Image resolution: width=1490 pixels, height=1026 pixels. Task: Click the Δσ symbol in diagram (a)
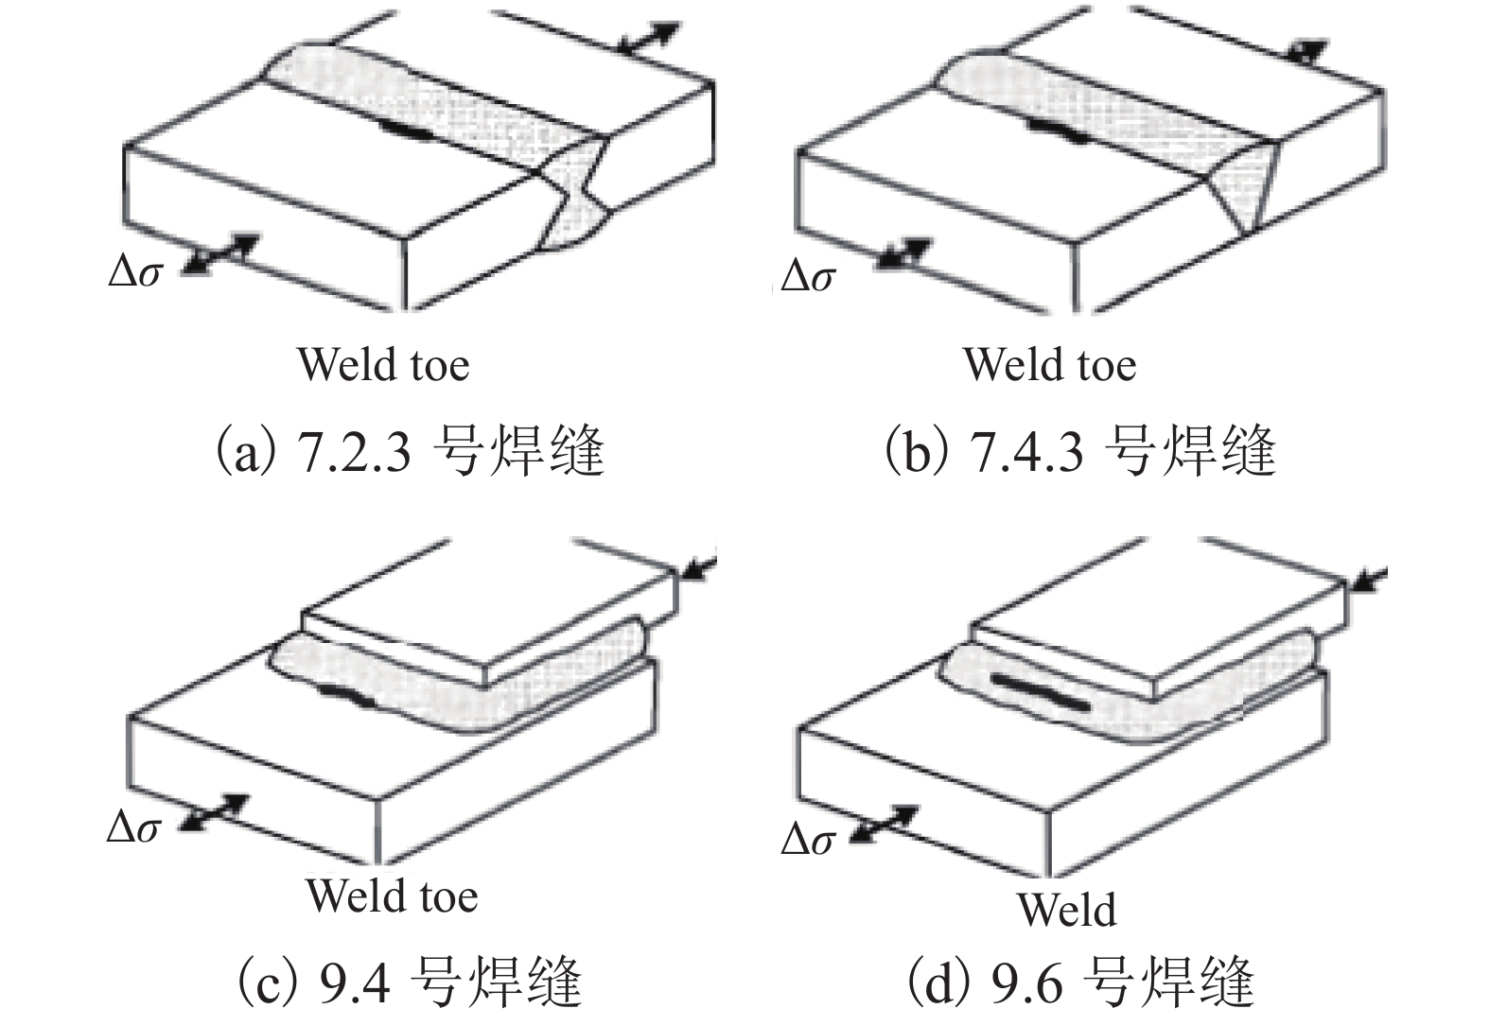[136, 271]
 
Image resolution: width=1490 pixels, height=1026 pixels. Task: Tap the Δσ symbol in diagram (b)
[808, 276]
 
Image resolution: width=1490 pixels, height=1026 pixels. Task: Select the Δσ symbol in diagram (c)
[133, 827]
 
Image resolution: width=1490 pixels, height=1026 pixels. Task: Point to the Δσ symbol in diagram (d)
[808, 839]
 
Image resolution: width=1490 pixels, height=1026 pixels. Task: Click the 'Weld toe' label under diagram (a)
[383, 364]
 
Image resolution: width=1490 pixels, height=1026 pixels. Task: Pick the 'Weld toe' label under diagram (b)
[1049, 364]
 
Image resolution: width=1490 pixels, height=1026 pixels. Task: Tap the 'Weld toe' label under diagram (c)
[391, 896]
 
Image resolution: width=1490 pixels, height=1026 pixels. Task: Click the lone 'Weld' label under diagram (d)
[1066, 910]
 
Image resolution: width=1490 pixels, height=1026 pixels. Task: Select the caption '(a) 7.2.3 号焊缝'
[409, 450]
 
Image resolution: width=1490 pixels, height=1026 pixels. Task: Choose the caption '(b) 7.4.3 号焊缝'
[1078, 450]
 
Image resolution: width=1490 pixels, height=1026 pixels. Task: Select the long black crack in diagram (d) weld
[1037, 690]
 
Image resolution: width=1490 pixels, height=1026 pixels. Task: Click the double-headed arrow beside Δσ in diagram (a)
[219, 254]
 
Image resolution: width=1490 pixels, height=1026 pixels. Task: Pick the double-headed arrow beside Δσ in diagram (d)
[884, 824]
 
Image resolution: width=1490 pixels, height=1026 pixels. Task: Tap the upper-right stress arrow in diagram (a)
[649, 38]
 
